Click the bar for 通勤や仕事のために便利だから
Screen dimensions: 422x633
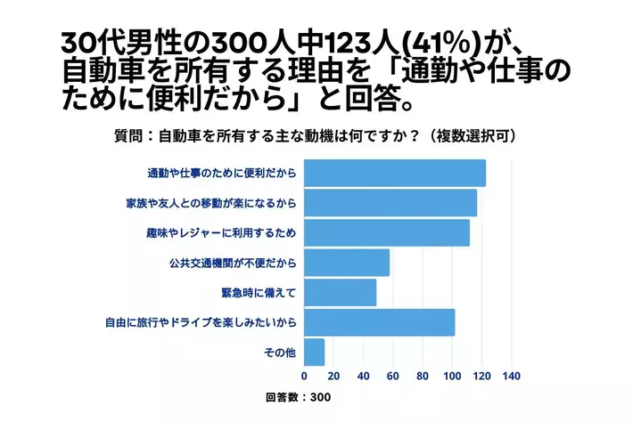394,173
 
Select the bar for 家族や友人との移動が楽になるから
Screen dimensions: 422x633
390,203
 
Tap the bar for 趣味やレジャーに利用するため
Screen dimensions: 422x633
386,232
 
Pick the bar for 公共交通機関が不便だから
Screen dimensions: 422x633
347,263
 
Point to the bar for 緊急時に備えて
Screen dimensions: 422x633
340,292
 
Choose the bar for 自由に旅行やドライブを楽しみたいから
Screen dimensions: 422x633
379,322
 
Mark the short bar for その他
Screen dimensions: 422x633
314,353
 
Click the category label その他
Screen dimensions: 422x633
280,353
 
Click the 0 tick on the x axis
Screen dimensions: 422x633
304,376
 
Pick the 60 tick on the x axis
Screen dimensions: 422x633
392,376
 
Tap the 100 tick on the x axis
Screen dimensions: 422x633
452,376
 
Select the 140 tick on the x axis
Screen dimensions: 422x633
511,376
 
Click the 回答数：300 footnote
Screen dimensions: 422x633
298,397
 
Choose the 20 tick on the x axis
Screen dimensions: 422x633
333,376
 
